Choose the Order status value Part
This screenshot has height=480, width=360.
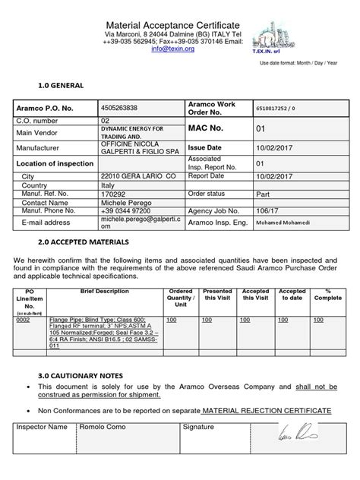pos(261,194)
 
